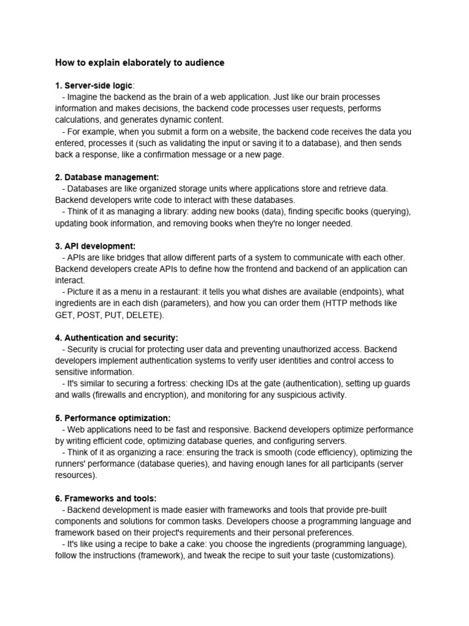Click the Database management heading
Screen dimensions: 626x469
click(x=107, y=177)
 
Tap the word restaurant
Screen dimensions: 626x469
click(x=183, y=292)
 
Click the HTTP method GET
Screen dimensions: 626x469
click(x=65, y=315)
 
